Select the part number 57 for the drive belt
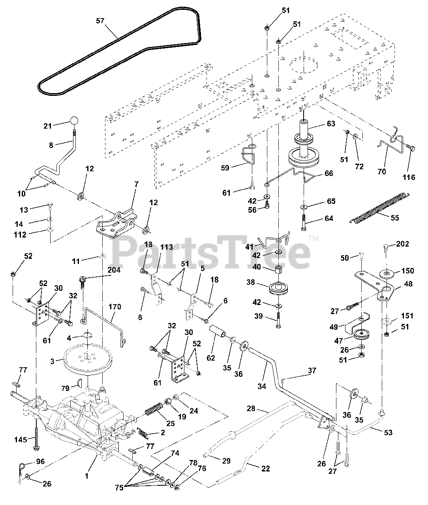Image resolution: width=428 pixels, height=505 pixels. coord(100,21)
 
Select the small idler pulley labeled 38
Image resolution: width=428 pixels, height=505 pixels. coord(279,288)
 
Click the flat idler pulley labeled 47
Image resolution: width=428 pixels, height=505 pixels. coord(360,334)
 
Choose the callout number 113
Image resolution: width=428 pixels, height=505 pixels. coord(166,247)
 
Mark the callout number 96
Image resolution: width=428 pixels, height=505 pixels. coord(40,460)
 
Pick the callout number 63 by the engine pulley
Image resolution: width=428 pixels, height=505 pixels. coord(330,124)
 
